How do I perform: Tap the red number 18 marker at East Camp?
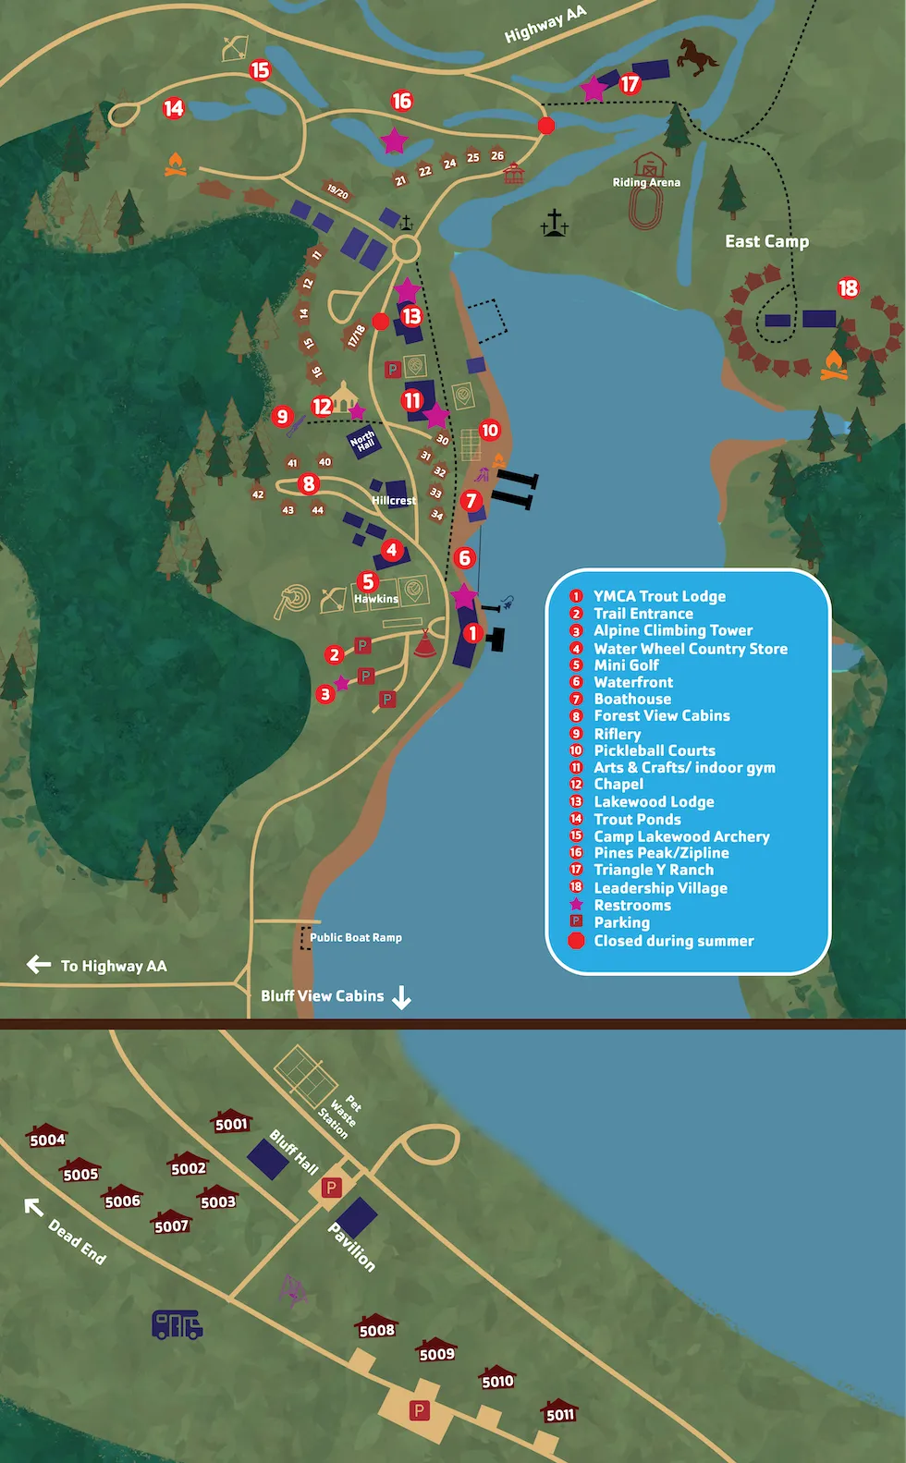(x=848, y=288)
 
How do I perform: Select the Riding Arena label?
(x=646, y=182)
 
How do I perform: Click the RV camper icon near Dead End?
(x=178, y=1324)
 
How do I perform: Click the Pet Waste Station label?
(x=340, y=1113)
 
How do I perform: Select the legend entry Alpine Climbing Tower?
(x=672, y=630)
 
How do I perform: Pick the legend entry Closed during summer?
(x=673, y=941)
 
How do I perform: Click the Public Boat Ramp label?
(x=355, y=937)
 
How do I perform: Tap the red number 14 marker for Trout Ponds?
(x=174, y=108)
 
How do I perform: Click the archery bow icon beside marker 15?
(x=235, y=47)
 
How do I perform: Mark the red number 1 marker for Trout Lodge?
(x=473, y=633)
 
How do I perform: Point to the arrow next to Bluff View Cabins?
(x=401, y=997)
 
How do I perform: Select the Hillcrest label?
(x=393, y=500)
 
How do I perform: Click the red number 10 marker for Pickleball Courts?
(x=490, y=430)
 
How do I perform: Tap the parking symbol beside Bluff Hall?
(x=330, y=1188)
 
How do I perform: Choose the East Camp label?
(x=766, y=241)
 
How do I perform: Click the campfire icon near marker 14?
(x=176, y=165)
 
